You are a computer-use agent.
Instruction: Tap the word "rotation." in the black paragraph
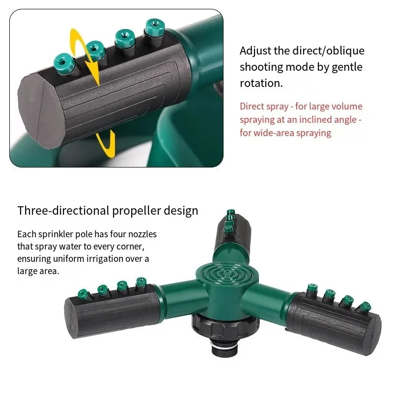pos(261,83)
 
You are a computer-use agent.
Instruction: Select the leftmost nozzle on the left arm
pos(84,295)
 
